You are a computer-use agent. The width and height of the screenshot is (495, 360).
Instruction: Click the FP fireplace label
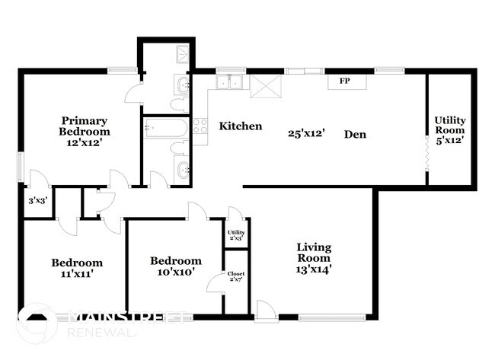pos(343,81)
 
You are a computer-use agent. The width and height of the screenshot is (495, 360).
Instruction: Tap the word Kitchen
pos(241,126)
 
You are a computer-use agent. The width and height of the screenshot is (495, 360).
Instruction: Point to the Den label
pos(355,135)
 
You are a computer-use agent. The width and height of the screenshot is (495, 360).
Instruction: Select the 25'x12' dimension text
pos(307,133)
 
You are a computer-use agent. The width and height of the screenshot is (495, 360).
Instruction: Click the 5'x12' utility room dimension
pos(450,140)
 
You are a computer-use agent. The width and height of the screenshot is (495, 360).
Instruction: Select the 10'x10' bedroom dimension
pos(176,272)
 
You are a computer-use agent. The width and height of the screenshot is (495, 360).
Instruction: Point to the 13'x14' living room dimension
pos(313,268)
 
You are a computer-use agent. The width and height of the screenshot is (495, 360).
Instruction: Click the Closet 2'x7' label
pos(235,279)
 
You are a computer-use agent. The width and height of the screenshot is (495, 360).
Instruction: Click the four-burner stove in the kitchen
pos(200,131)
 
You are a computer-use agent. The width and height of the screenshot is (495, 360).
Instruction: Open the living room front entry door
pos(265,311)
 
